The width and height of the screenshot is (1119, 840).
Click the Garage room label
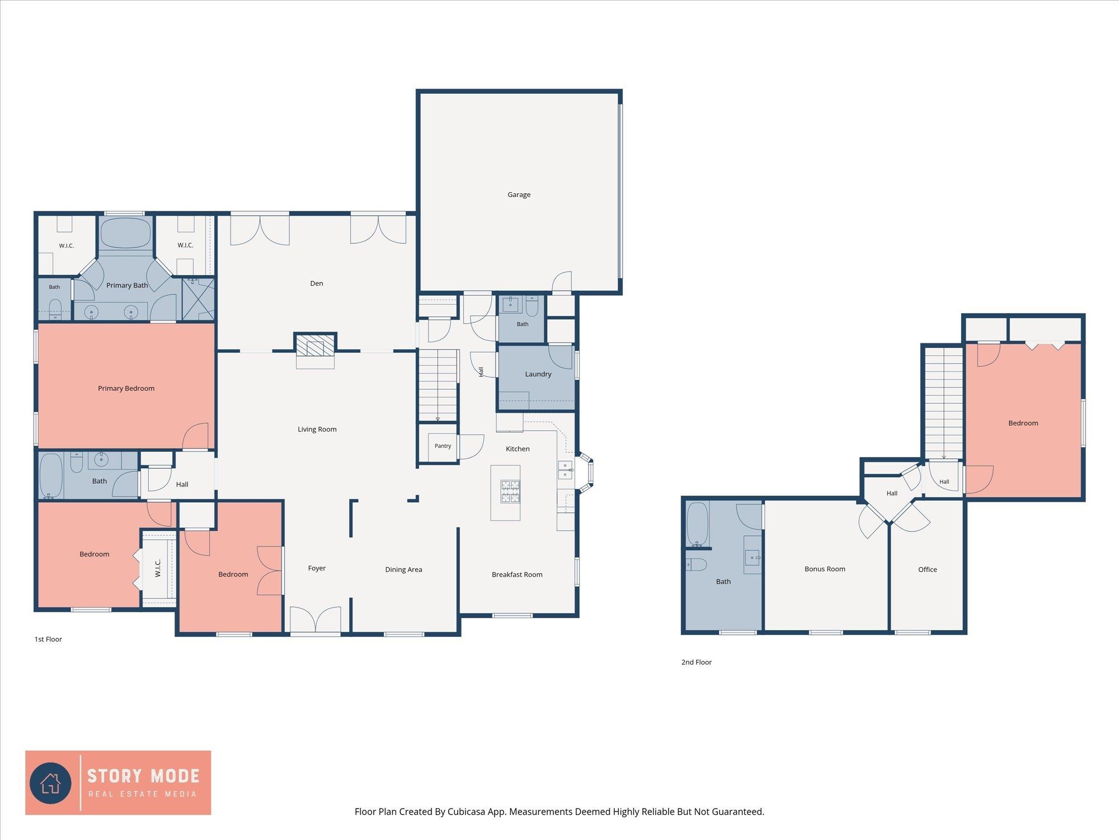(519, 195)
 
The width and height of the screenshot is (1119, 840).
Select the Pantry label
(443, 446)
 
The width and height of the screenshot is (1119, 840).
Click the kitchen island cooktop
(510, 491)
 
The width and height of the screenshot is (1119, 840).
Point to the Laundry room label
(538, 374)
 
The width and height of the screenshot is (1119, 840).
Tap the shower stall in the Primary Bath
(199, 300)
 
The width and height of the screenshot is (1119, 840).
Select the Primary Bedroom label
(126, 389)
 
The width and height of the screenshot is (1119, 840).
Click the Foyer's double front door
(316, 620)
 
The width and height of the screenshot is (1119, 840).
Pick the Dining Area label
(403, 570)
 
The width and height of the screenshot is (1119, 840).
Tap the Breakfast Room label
(517, 575)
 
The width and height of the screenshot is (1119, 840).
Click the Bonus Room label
(825, 569)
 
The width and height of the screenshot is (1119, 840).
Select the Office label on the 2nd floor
(928, 570)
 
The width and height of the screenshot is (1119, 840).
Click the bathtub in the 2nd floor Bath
(697, 524)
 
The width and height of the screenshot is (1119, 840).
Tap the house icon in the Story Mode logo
(50, 783)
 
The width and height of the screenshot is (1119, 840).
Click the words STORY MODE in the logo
(143, 776)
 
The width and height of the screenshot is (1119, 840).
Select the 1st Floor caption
(48, 640)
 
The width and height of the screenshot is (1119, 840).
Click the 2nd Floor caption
(697, 662)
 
